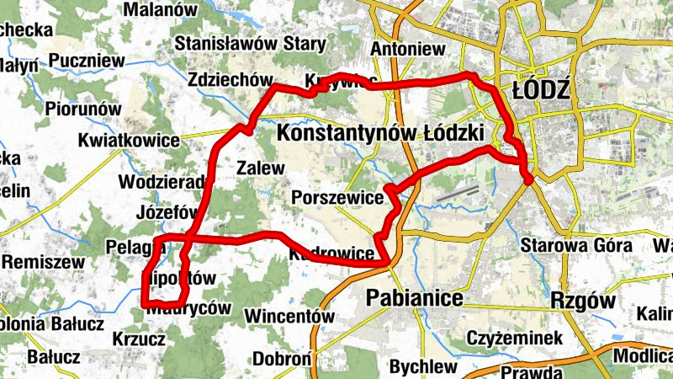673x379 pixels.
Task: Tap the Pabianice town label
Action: (415, 299)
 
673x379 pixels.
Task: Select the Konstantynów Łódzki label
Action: (379, 133)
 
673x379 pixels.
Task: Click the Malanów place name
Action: (160, 10)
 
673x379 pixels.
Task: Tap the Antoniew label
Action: (406, 48)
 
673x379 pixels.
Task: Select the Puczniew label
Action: (87, 61)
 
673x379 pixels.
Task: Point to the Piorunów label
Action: (83, 109)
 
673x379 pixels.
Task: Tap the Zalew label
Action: (261, 167)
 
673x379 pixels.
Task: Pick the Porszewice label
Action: (337, 198)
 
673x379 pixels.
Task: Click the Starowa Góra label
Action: (576, 246)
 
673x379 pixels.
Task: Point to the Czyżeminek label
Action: (517, 339)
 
